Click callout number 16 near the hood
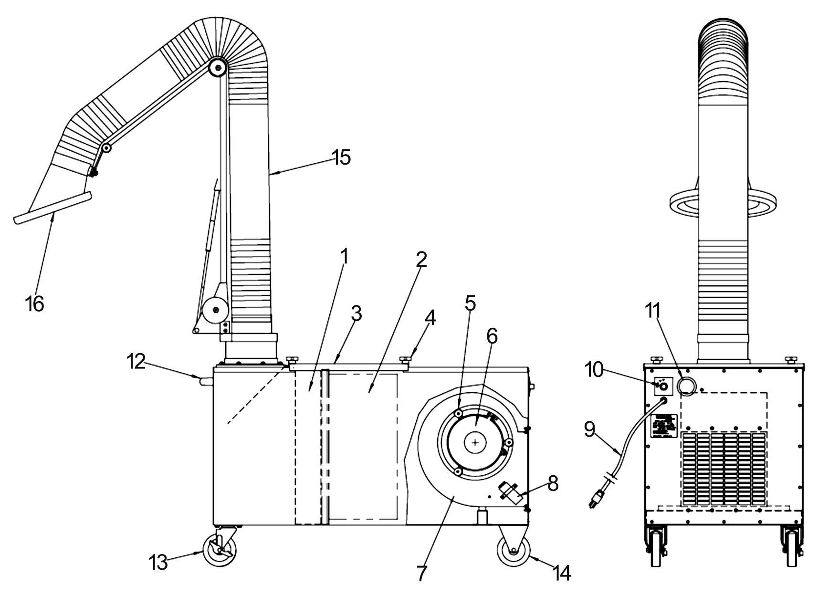click(35, 303)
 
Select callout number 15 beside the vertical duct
click(342, 157)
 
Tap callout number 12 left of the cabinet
click(136, 362)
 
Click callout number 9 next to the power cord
click(590, 430)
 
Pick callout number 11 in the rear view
click(653, 311)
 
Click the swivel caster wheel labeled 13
click(220, 550)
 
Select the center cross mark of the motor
click(475, 443)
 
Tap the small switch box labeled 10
click(662, 386)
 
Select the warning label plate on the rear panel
click(664, 426)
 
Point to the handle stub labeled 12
click(206, 381)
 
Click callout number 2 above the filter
click(420, 260)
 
